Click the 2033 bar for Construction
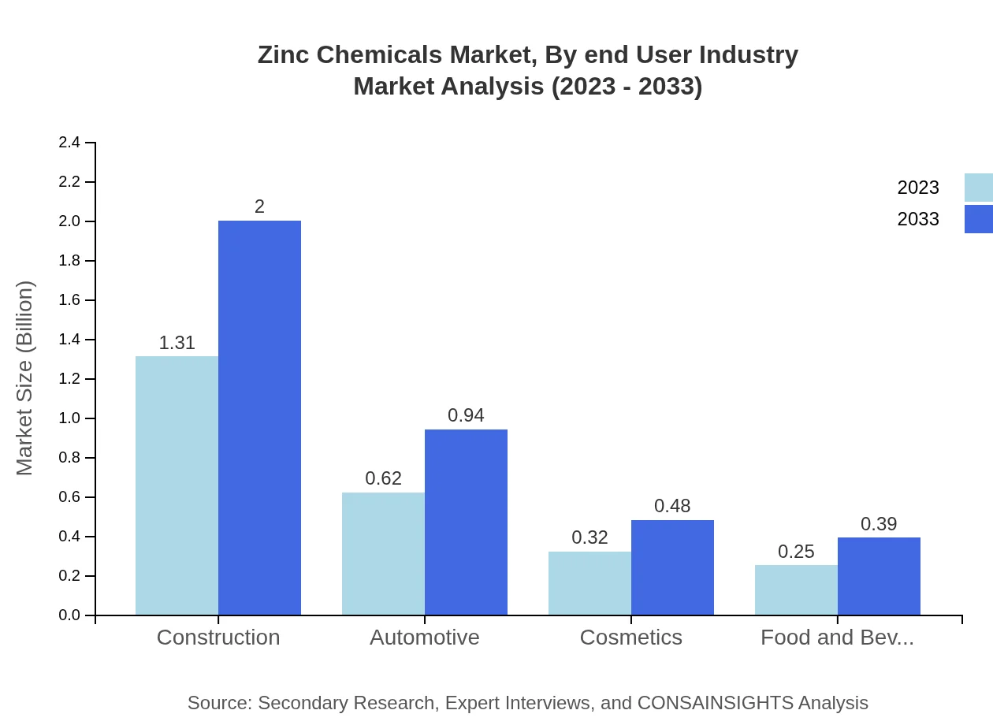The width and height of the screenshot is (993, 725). pyautogui.click(x=259, y=418)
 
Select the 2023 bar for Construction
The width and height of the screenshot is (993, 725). pyautogui.click(x=177, y=485)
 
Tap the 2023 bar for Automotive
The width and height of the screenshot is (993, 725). pyautogui.click(x=383, y=553)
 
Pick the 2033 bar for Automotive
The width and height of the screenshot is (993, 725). pyautogui.click(x=466, y=522)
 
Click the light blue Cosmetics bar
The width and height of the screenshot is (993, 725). pyautogui.click(x=589, y=583)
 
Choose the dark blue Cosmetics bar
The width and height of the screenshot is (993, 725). pyautogui.click(x=672, y=567)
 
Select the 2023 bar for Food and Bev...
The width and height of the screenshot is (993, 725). pyautogui.click(x=796, y=589)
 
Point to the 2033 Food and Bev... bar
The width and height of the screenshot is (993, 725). pyautogui.click(x=879, y=576)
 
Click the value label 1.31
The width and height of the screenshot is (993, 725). pyautogui.click(x=177, y=344)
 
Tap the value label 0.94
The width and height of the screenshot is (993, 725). pyautogui.click(x=466, y=415)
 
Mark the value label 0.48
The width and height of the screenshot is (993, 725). pyautogui.click(x=672, y=506)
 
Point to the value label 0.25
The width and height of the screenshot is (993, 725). pyautogui.click(x=796, y=552)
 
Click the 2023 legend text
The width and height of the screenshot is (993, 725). pyautogui.click(x=918, y=188)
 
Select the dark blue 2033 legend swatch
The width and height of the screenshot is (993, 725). pyautogui.click(x=978, y=219)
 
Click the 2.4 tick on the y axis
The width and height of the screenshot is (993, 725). pyautogui.click(x=69, y=143)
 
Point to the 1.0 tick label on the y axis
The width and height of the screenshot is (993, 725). pyautogui.click(x=69, y=418)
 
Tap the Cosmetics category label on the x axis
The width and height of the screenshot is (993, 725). pyautogui.click(x=630, y=637)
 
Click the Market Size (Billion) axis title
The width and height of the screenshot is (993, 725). pyautogui.click(x=25, y=378)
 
